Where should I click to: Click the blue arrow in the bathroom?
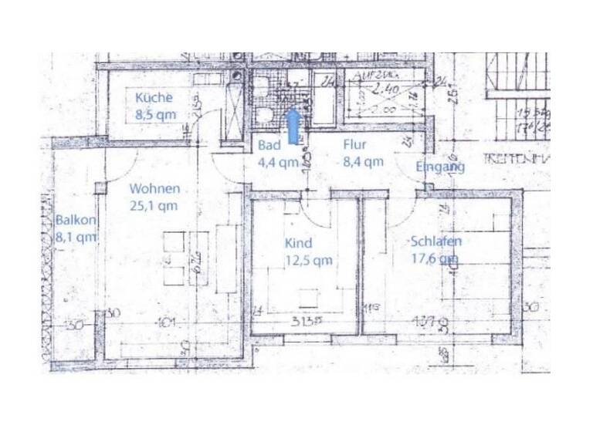293,125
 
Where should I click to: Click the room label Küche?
154,98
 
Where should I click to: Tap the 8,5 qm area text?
155,115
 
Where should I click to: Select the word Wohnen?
154,188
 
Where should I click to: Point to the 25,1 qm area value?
154,205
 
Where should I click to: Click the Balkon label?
76,220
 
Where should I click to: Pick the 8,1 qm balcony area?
76,237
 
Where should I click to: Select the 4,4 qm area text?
278,162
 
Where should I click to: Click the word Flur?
354,144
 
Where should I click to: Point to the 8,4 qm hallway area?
363,161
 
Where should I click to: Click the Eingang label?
440,167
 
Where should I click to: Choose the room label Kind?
298,243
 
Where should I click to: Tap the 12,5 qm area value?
309,260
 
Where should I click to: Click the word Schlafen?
436,241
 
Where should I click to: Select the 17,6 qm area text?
436,259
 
